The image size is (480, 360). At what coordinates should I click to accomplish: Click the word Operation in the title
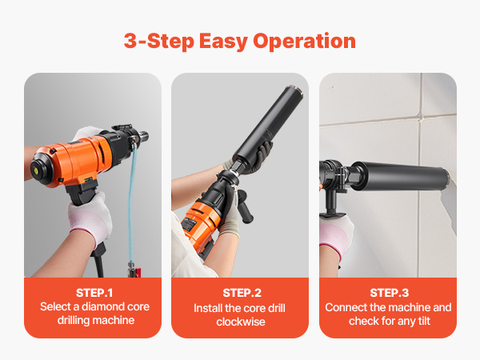pyautogui.click(x=304, y=42)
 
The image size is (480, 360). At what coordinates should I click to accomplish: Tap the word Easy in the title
pyautogui.click(x=223, y=42)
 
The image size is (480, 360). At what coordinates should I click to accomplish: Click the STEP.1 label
pyautogui.click(x=94, y=293)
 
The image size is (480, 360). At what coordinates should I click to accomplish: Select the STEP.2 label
pyautogui.click(x=242, y=293)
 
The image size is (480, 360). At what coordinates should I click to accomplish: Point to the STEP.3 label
pyautogui.click(x=389, y=293)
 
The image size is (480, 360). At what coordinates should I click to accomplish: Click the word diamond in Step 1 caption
pyautogui.click(x=103, y=306)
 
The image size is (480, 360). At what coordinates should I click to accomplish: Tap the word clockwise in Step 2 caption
pyautogui.click(x=241, y=322)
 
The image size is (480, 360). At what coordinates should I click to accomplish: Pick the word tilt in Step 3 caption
pyautogui.click(x=423, y=321)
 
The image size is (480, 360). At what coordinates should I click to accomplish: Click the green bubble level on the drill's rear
pyautogui.click(x=34, y=168)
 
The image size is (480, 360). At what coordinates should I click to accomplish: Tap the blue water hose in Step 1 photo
pyautogui.click(x=132, y=203)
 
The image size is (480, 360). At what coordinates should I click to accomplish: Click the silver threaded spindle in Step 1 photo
pyautogui.click(x=143, y=136)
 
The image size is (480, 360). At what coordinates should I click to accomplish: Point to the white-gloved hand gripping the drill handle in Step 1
pyautogui.click(x=90, y=217)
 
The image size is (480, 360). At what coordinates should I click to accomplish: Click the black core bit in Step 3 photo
pyautogui.click(x=399, y=177)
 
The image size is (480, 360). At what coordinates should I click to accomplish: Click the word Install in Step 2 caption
pyautogui.click(x=208, y=308)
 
